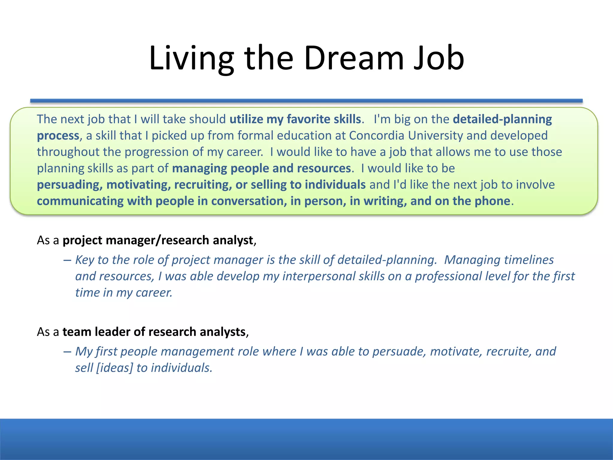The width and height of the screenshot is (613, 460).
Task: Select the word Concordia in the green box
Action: (x=377, y=136)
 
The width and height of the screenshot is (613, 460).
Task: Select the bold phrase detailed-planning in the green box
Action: (x=502, y=119)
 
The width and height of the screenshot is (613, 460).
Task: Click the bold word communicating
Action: (x=80, y=201)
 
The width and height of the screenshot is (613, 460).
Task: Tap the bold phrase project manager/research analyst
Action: (x=158, y=240)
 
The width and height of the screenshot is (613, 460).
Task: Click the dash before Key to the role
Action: (x=67, y=260)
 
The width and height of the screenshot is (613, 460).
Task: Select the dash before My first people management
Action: (x=67, y=352)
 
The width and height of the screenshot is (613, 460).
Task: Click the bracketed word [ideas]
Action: (x=114, y=368)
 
